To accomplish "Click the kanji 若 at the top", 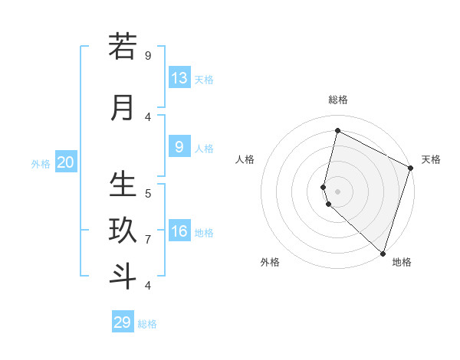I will coord(123,47).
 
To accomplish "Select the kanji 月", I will coord(123,108).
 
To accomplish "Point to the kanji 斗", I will coord(123,275).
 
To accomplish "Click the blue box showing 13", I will coord(179,78).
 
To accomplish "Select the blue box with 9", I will coord(179,147).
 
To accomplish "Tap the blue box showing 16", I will coord(179,231).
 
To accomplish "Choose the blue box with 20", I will coord(66,162).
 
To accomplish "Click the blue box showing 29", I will coord(123,322).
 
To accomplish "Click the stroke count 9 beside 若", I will coord(148,56).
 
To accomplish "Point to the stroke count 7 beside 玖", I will coord(148,240).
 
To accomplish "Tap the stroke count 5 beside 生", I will coord(148,193).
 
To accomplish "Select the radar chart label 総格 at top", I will coord(338,100).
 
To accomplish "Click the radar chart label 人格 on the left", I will coord(245,159).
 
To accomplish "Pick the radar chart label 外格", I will coord(270,262).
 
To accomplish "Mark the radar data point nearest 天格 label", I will coord(411,169).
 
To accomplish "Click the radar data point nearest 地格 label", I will coord(383,253).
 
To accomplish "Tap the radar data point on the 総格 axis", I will coord(338,130).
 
